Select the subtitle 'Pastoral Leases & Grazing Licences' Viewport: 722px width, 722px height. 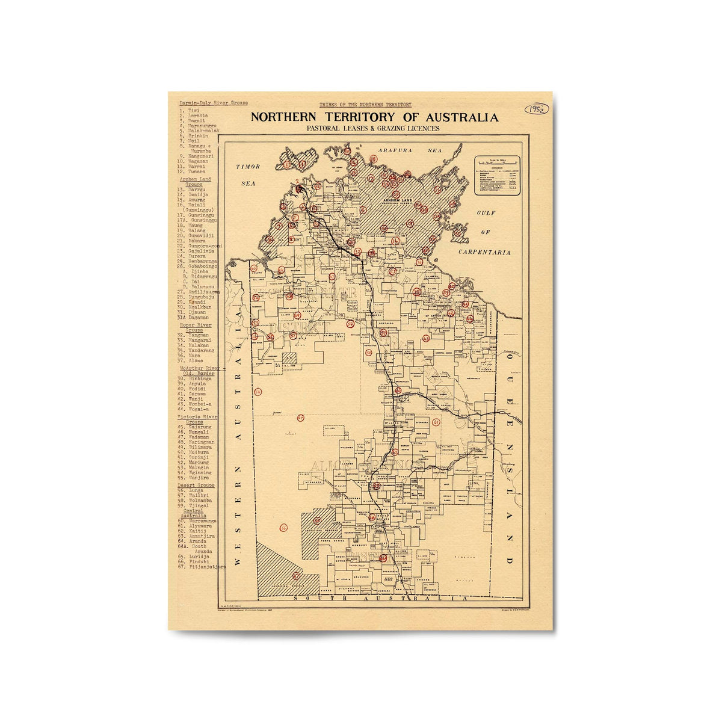click(372, 128)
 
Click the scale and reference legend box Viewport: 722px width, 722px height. click(497, 176)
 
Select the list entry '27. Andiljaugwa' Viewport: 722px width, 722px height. click(199, 292)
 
